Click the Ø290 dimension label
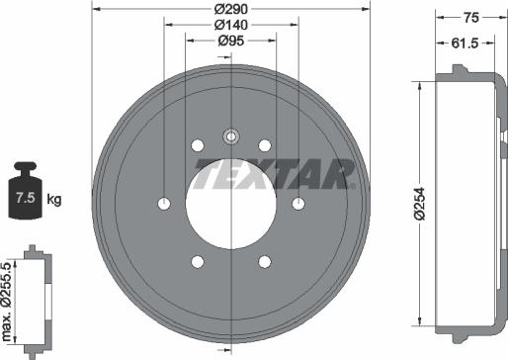pyautogui.click(x=230, y=9)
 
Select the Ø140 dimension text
pyautogui.click(x=230, y=25)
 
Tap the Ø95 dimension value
pyautogui.click(x=230, y=41)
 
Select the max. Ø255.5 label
pyautogui.click(x=9, y=297)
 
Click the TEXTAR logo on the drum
pyautogui.click(x=274, y=174)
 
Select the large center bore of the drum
pyautogui.click(x=230, y=203)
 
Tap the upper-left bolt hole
pyautogui.click(x=197, y=145)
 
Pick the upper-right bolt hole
pyautogui.click(x=265, y=145)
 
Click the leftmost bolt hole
pyautogui.click(x=163, y=203)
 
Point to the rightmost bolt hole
pyautogui.click(x=298, y=203)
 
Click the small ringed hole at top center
pyautogui.click(x=230, y=135)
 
